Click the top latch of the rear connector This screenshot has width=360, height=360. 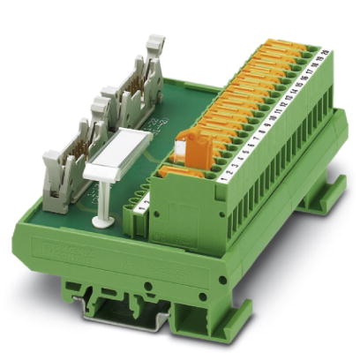154,44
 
